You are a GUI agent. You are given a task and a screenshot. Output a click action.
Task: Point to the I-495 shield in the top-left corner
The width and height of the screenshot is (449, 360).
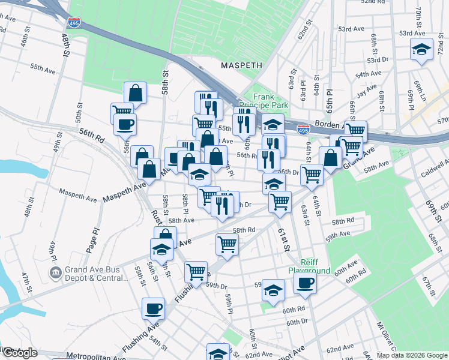(74, 23)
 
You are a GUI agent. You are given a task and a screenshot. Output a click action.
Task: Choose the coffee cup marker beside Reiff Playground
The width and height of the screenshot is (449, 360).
(305, 283)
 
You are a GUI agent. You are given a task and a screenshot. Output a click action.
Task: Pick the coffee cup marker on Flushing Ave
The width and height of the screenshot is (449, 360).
(153, 309)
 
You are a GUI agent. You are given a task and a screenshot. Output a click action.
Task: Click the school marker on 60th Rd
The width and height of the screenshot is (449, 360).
(273, 290)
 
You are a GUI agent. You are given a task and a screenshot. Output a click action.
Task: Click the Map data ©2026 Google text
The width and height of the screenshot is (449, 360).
(411, 355)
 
